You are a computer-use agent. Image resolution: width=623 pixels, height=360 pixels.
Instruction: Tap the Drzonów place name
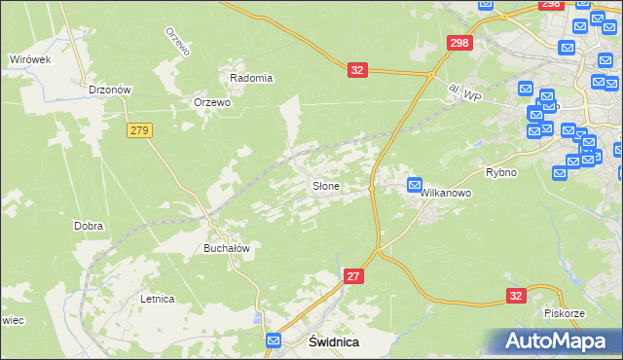[x=109, y=90]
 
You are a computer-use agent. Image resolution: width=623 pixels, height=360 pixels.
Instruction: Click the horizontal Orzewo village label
[x=211, y=102]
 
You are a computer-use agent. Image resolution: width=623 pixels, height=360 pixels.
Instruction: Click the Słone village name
[x=325, y=185]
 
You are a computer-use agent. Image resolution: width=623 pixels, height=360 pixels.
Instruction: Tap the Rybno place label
[x=500, y=171]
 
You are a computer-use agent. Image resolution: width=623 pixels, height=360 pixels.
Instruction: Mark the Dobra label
[x=89, y=226]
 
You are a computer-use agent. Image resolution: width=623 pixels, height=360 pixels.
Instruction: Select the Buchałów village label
[x=227, y=248]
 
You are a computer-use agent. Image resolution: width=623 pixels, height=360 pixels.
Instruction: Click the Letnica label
[x=157, y=299]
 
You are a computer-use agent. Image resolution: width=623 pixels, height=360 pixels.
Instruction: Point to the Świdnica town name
[x=334, y=342]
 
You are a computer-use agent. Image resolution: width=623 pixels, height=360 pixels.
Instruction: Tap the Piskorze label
[x=564, y=313]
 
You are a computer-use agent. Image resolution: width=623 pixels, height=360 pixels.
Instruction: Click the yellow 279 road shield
[x=138, y=129]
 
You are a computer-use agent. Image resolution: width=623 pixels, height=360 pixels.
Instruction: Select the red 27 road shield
[x=355, y=277]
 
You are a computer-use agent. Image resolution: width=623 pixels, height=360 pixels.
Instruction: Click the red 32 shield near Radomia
[x=357, y=70]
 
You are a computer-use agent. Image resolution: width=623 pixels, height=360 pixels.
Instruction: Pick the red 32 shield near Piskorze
[x=517, y=294]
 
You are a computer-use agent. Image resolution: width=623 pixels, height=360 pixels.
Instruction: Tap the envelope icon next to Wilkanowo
[x=415, y=185]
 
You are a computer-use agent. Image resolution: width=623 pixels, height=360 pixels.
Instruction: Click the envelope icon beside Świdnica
[x=274, y=341]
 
